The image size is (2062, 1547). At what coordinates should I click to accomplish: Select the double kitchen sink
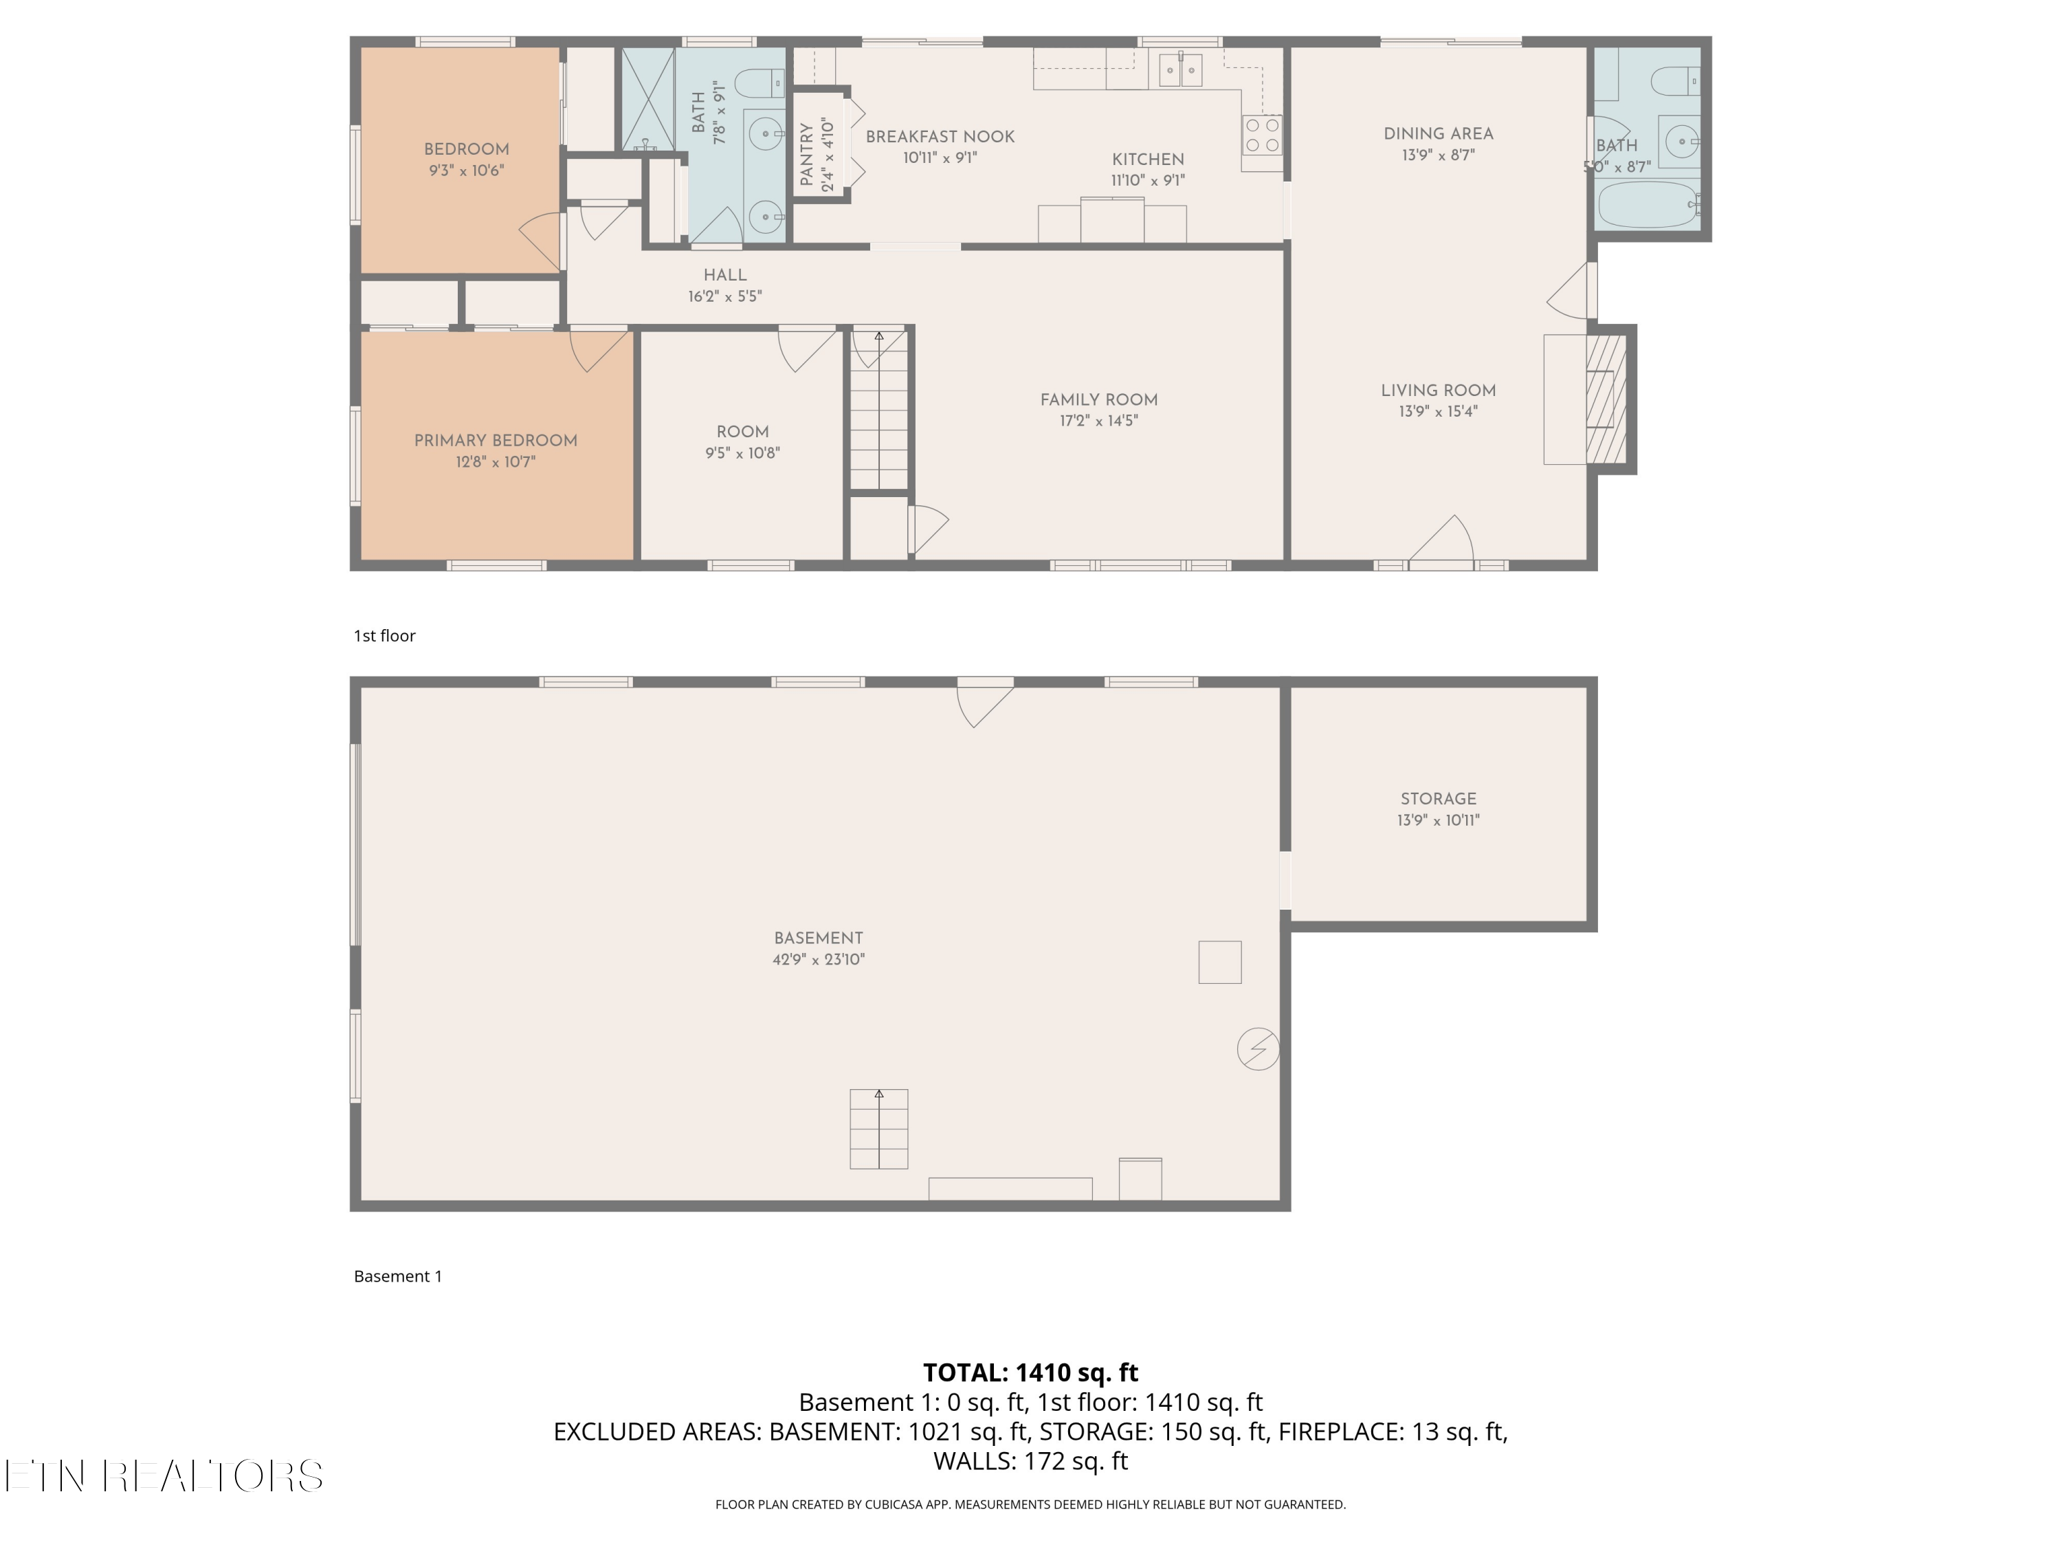coord(1180,70)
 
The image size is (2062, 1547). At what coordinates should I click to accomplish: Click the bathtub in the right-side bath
coord(1647,205)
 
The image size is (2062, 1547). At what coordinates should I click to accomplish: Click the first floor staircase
coord(878,410)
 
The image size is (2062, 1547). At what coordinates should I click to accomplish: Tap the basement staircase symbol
coord(878,1128)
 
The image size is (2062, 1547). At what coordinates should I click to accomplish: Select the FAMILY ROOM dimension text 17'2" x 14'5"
coord(1098,421)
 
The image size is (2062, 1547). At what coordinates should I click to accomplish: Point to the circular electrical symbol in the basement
coord(1258,1049)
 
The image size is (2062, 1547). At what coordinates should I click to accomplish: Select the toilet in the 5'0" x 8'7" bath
coord(1675,82)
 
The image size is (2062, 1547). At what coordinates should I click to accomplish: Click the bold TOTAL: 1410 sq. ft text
coord(1030,1372)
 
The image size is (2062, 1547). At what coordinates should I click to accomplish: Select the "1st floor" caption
coord(384,636)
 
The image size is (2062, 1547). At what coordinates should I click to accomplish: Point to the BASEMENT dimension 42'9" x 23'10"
coord(819,960)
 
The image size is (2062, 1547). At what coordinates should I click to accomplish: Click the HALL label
coord(724,275)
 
